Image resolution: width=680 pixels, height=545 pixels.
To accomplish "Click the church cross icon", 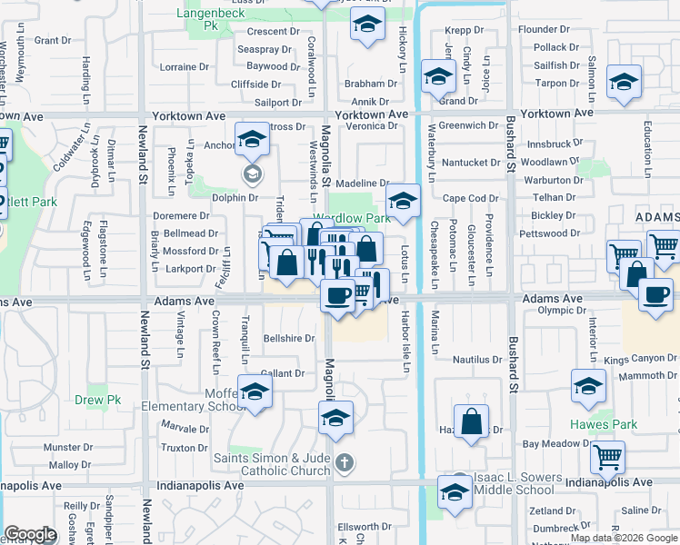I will (x=344, y=463).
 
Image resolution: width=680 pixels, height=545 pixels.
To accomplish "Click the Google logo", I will (x=30, y=534).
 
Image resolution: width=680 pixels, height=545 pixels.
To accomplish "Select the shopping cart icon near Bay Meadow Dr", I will (x=607, y=459).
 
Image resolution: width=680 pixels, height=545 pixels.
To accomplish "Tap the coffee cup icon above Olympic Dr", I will (x=655, y=296).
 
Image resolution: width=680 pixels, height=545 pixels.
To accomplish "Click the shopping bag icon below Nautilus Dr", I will (x=471, y=422).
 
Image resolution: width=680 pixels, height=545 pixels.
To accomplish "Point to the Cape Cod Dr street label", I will (x=471, y=198).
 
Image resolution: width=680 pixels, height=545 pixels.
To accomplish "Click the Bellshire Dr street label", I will (x=288, y=338).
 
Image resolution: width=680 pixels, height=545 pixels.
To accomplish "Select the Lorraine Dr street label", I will (x=184, y=67).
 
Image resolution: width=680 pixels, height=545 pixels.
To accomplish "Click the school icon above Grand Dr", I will (x=439, y=78).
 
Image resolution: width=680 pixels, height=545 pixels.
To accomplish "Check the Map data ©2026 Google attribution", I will (x=623, y=538).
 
